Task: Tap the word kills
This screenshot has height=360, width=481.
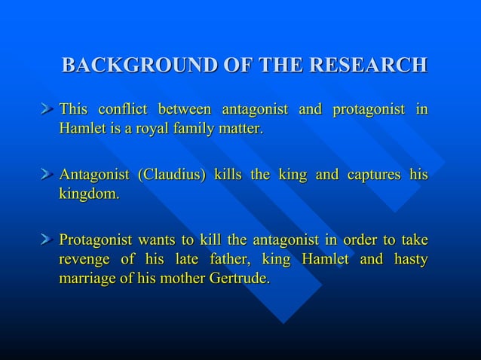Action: coord(228,175)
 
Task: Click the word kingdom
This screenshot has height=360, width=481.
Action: coord(89,194)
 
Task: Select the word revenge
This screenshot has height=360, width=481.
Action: coord(85,259)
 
